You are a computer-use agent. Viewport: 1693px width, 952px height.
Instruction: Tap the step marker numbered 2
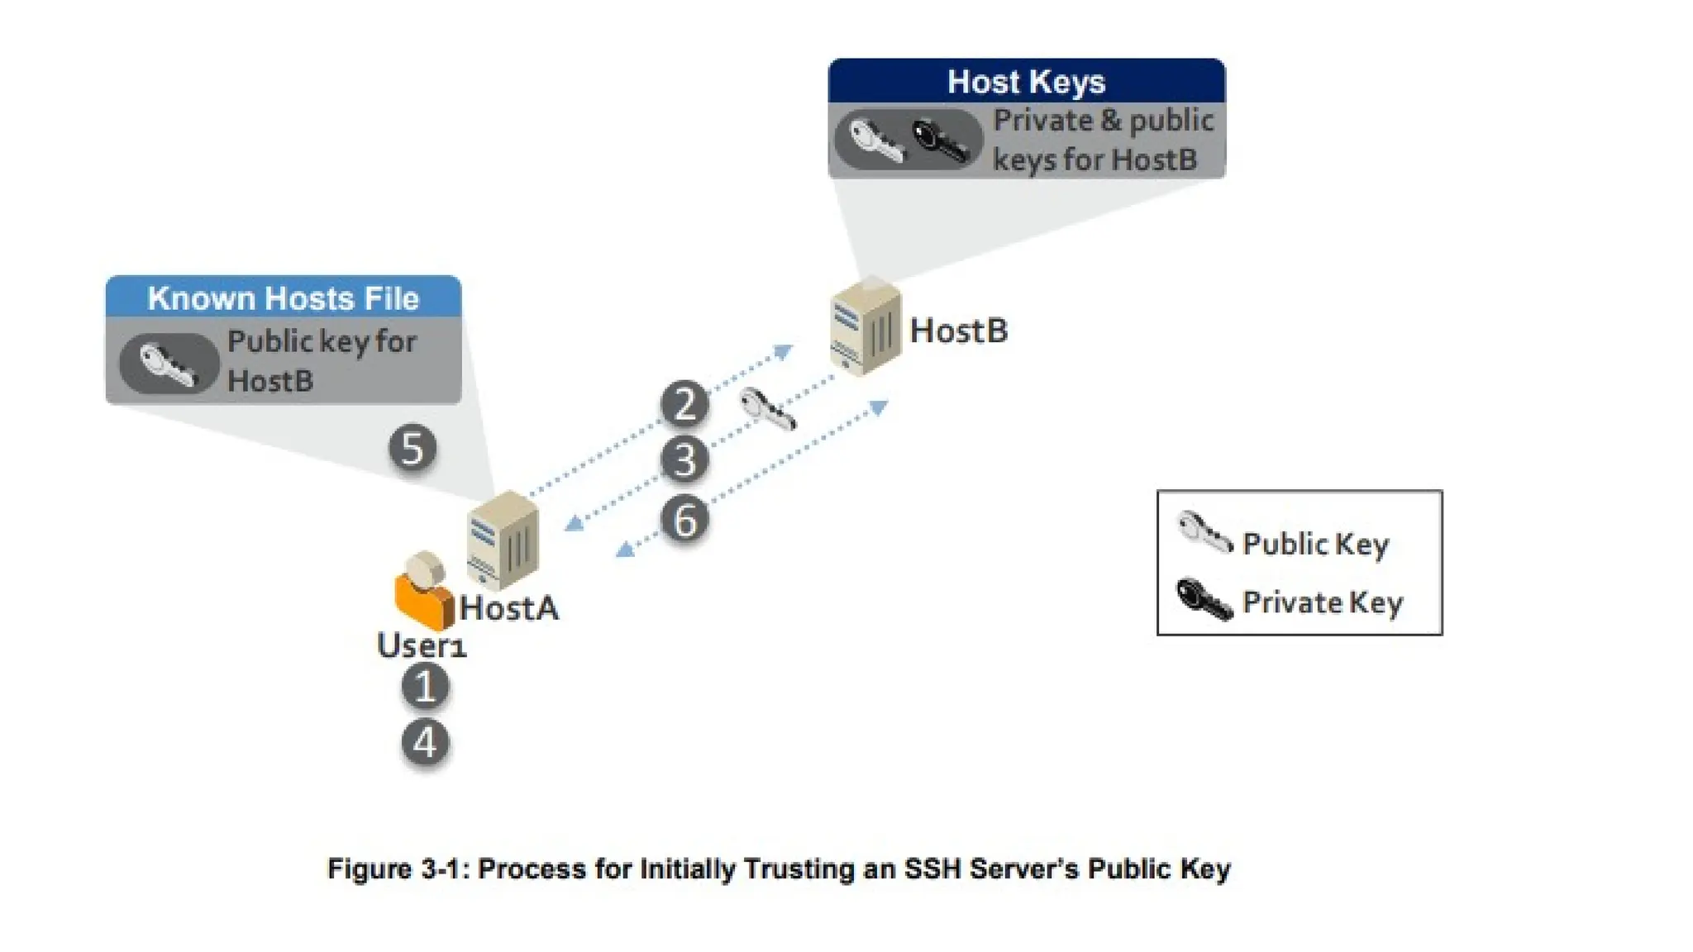[684, 404]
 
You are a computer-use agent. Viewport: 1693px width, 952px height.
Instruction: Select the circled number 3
[684, 460]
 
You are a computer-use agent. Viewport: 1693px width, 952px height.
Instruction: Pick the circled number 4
[425, 742]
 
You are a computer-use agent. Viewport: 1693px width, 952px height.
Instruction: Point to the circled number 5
[413, 449]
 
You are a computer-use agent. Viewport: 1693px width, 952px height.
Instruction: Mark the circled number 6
[684, 521]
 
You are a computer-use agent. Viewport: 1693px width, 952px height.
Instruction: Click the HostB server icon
[865, 328]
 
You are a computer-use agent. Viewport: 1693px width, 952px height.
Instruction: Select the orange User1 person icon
[423, 592]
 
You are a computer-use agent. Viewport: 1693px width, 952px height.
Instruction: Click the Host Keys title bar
[1026, 81]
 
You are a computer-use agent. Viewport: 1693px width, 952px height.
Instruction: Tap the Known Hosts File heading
[283, 297]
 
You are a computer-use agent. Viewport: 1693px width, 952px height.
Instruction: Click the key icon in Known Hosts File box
[168, 364]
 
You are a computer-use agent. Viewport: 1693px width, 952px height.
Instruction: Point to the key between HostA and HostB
[767, 408]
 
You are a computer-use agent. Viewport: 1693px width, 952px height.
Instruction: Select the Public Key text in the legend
[1315, 544]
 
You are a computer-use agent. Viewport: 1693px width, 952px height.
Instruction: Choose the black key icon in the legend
[1203, 599]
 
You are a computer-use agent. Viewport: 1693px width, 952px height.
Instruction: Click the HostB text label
[958, 331]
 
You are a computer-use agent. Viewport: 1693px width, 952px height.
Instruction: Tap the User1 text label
[422, 645]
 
